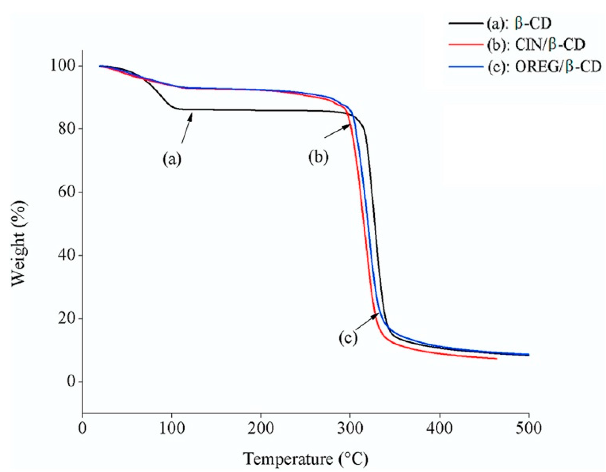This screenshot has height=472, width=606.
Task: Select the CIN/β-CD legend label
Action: click(x=536, y=45)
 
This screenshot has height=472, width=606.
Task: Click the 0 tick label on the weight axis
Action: click(x=71, y=381)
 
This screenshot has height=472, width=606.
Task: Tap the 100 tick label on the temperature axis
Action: click(x=172, y=428)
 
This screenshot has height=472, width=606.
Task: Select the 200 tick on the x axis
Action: click(x=261, y=428)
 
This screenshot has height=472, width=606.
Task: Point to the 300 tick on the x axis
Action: click(x=350, y=428)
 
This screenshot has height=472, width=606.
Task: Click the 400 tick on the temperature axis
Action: click(x=439, y=428)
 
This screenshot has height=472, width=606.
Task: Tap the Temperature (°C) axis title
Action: click(x=305, y=459)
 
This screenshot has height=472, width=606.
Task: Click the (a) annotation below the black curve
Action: click(x=172, y=159)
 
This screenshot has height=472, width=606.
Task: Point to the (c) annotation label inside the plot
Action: click(x=348, y=338)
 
